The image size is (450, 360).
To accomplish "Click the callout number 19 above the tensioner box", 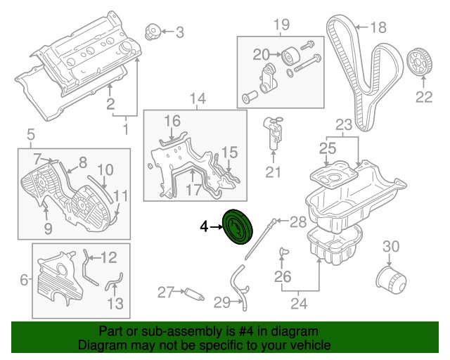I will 281,25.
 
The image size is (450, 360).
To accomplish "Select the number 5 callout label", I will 30,134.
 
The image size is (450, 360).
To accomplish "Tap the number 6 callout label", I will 24,280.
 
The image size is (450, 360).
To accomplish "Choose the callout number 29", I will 222,302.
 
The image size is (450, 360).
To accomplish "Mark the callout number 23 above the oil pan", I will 343,125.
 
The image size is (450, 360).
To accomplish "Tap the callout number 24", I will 300,304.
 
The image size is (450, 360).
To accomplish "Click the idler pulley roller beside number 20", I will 290,55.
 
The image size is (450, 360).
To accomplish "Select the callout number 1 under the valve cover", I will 126,129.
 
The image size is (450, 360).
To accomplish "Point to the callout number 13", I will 115,304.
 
